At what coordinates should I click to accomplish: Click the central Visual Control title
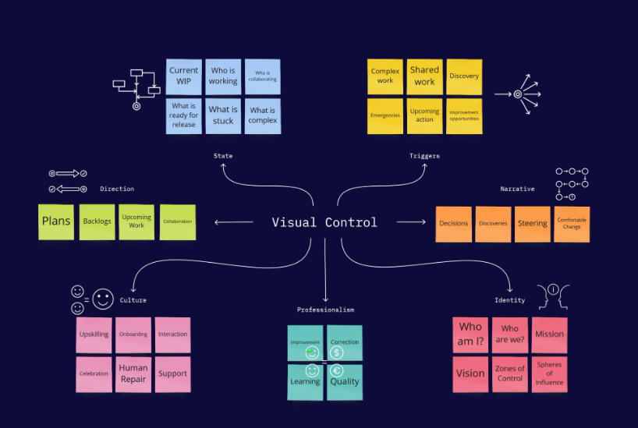[324, 222]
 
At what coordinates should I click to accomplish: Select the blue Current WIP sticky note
[184, 76]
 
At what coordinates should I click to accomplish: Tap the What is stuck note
[223, 115]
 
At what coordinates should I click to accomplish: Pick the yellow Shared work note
[424, 76]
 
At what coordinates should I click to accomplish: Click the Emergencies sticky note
[385, 115]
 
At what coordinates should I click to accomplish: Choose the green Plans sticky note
[56, 221]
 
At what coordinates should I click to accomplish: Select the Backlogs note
[97, 221]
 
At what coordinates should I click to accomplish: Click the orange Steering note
[533, 224]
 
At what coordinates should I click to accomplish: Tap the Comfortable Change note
[572, 224]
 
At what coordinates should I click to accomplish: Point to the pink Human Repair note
[133, 373]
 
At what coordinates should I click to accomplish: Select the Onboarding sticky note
[133, 334]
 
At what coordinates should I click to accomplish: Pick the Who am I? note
[470, 334]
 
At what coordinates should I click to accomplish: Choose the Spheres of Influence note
[549, 373]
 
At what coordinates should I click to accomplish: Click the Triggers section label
[424, 156]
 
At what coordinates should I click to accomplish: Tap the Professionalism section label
[325, 310]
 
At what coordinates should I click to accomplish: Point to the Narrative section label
[517, 189]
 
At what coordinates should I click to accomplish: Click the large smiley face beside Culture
[103, 298]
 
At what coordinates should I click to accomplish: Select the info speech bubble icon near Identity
[554, 289]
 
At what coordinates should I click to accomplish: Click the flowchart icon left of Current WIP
[136, 86]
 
